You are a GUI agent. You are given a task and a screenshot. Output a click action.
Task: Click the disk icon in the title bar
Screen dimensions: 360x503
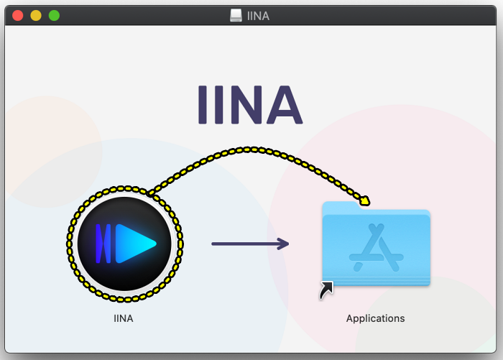click(236, 15)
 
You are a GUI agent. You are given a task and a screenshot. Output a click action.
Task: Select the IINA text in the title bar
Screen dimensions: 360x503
click(257, 15)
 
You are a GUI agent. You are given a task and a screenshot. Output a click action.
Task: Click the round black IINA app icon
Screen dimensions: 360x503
click(124, 244)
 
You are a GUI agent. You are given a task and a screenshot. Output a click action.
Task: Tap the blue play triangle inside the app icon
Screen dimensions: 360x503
click(134, 244)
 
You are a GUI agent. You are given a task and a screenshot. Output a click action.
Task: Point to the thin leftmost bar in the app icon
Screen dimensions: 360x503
click(99, 244)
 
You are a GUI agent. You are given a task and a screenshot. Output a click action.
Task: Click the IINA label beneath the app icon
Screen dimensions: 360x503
click(124, 318)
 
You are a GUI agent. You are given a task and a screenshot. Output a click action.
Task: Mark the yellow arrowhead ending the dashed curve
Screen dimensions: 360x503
click(364, 201)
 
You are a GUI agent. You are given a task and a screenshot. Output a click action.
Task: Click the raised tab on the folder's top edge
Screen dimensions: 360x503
click(341, 206)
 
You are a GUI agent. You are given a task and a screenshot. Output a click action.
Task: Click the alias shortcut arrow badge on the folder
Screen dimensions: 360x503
click(327, 290)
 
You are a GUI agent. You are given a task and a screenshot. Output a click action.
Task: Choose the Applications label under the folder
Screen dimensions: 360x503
click(375, 318)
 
